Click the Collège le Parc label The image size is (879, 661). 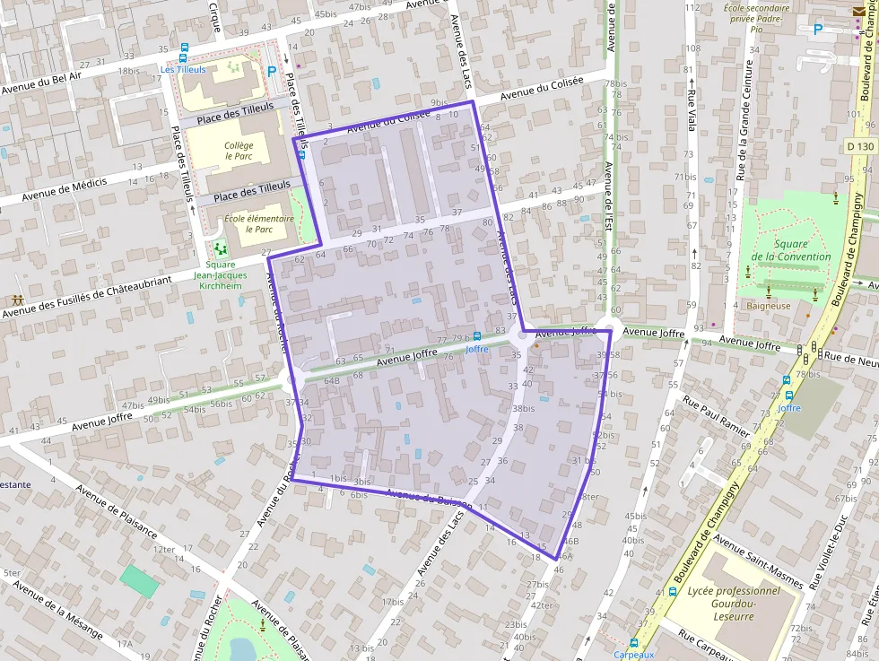coord(239,150)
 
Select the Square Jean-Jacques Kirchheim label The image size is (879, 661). coord(220,275)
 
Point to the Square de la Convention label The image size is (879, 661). coord(790,250)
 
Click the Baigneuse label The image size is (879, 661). coord(768,306)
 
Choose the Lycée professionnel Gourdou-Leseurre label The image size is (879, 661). coord(734,603)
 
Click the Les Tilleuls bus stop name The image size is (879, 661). coord(183,69)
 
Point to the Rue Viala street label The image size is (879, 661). coord(692,111)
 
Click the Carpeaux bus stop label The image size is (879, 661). coord(633,655)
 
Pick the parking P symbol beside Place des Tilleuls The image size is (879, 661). coord(272,71)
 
